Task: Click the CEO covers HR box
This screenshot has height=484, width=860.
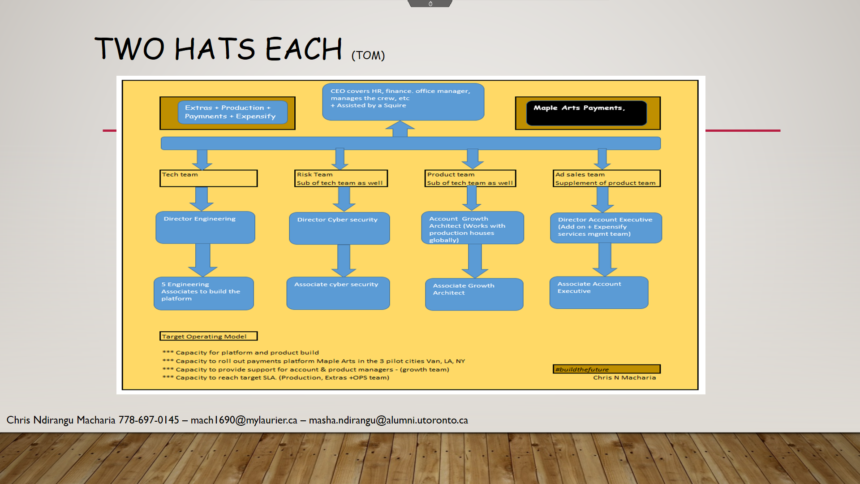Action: pos(403,102)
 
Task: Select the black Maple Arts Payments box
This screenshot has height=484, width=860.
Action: pos(586,113)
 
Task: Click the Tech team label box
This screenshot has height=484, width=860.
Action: pos(209,178)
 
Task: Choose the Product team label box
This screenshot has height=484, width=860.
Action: pos(470,178)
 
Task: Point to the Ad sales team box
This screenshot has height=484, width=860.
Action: pos(606,178)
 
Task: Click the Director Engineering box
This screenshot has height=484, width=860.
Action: pos(205,227)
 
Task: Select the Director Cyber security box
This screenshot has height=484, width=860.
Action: pos(339,228)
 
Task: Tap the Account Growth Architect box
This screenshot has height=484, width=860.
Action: pos(472,228)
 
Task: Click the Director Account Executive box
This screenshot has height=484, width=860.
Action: pos(606,228)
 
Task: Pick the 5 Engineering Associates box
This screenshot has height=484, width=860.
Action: pos(204,294)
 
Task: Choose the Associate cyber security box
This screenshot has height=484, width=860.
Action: pos(338,293)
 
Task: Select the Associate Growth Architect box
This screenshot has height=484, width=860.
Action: pos(474,294)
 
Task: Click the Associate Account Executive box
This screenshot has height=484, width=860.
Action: pos(598,293)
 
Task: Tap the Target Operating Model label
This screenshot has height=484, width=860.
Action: pos(208,336)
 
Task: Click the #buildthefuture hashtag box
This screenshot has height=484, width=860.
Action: pos(606,369)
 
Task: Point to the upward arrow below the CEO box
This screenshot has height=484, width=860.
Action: pos(400,129)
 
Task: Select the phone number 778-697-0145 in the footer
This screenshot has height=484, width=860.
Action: pos(149,420)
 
